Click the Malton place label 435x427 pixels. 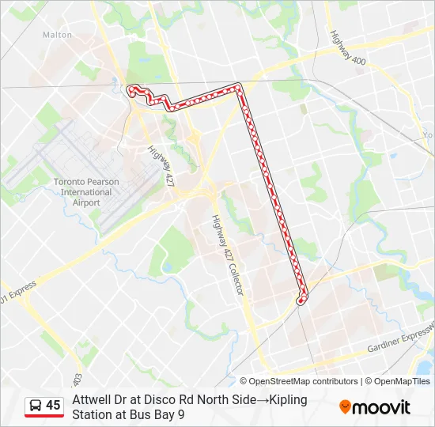pos(57,35)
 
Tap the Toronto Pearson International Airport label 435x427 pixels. pos(86,192)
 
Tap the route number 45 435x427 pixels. pos(53,406)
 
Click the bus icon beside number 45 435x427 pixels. pos(36,406)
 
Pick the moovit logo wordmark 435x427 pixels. pos(382,407)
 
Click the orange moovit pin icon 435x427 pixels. pos(345,407)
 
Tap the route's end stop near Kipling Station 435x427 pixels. pos(301,300)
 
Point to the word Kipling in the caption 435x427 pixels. pos(290,400)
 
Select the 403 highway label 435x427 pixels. pos(77,380)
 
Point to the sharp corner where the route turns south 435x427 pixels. pos(239,85)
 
